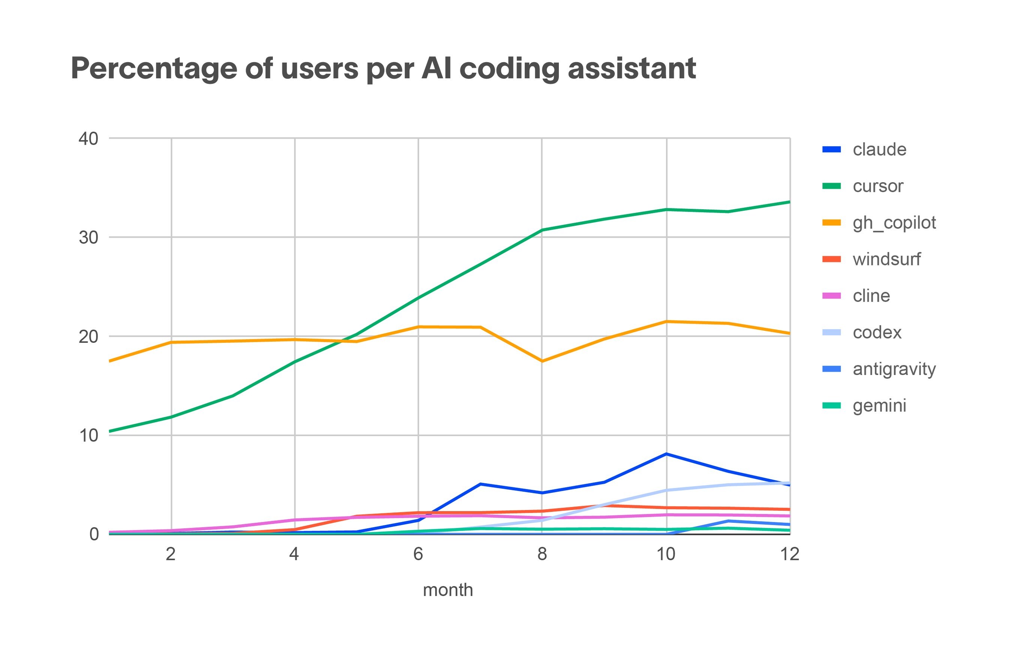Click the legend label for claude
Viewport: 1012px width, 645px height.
879,150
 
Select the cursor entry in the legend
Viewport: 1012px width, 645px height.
877,186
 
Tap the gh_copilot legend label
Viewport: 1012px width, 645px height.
894,223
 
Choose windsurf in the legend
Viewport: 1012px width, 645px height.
886,259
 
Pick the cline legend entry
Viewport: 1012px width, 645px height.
871,296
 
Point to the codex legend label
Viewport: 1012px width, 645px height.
877,333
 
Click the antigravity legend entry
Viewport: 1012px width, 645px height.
894,369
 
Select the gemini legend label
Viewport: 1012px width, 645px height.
879,406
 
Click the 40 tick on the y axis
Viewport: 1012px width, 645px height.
88,138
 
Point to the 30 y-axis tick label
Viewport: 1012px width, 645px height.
88,238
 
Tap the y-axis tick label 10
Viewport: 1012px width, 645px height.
88,436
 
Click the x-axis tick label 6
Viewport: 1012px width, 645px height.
418,554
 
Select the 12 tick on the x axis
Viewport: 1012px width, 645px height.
790,554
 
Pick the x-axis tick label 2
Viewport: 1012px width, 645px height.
170,554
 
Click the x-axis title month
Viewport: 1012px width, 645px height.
448,590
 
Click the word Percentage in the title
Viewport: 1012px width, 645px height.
154,69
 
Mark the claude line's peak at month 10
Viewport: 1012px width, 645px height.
666,454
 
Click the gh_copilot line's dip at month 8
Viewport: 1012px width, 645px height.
542,361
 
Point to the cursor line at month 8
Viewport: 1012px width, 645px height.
542,230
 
